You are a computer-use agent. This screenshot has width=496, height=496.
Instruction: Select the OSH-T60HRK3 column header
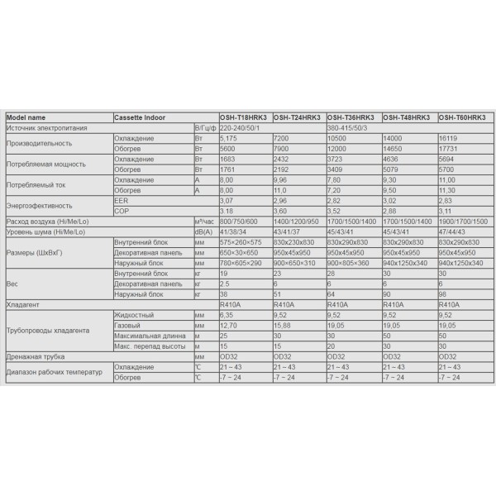[465, 117]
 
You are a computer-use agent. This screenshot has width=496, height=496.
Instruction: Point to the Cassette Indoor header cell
[140, 117]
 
